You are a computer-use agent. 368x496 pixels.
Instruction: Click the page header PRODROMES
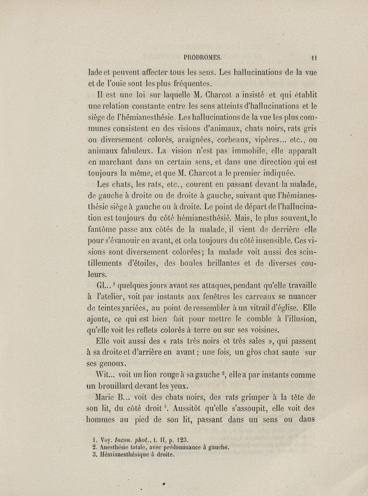tap(203, 58)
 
